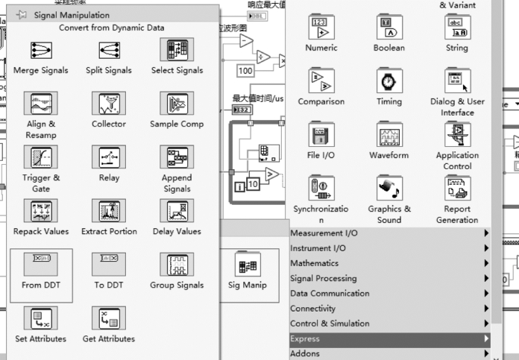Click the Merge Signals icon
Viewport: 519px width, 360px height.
pos(41,50)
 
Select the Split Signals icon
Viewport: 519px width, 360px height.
pos(109,50)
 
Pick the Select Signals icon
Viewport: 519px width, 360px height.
pos(177,50)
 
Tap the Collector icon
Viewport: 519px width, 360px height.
pos(109,104)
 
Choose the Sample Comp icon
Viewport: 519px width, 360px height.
pos(177,104)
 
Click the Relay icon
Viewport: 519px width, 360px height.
pos(109,157)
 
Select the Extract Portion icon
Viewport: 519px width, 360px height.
pos(109,211)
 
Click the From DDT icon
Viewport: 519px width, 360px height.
pos(41,265)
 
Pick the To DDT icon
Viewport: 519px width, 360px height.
pos(109,265)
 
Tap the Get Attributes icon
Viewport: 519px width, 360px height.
pos(109,318)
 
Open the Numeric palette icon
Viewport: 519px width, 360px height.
pos(321,27)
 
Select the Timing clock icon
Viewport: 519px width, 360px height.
pos(389,81)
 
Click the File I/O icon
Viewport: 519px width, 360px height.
pos(321,135)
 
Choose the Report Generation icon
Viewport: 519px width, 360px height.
pos(456,189)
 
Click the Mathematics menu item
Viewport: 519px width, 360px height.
pos(314,263)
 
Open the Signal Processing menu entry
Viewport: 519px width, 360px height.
pos(323,279)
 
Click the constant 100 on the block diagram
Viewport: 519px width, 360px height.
pos(245,71)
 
